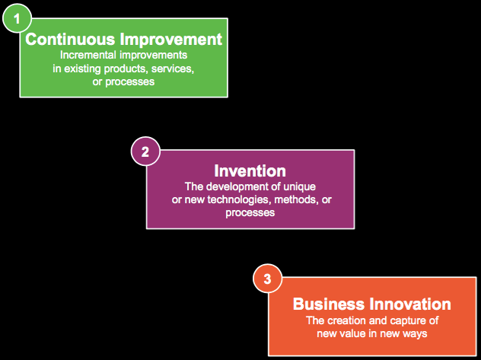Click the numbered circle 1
(17, 18)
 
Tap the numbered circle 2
(145, 151)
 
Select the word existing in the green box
(84, 69)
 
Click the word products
(126, 69)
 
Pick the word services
(173, 69)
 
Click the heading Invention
(250, 170)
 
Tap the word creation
(350, 320)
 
